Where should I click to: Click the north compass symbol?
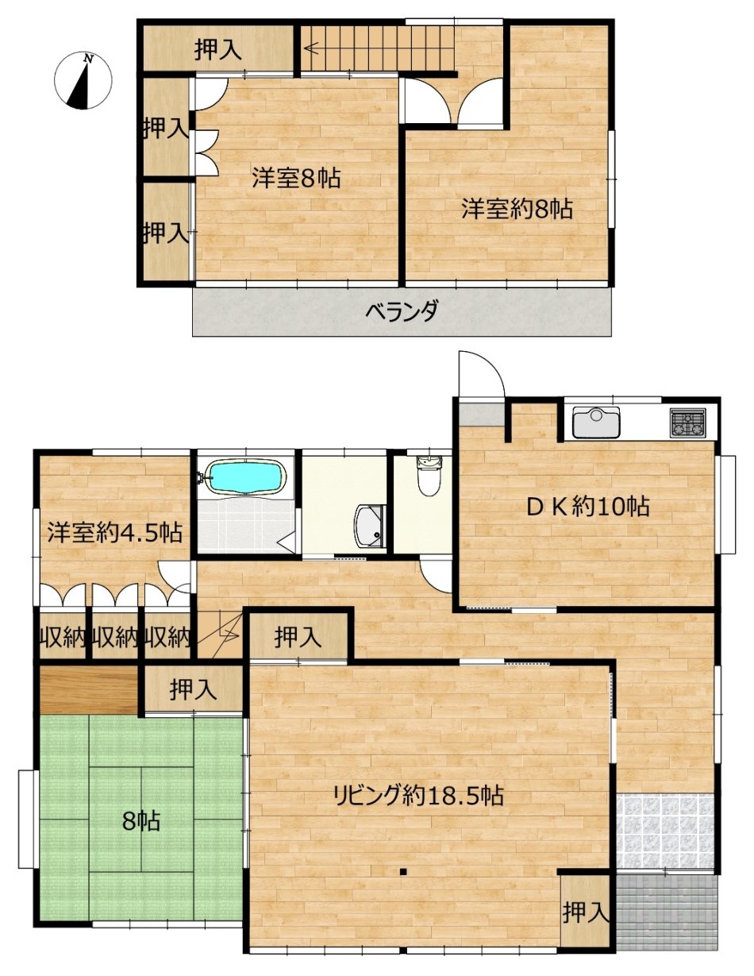pyautogui.click(x=83, y=81)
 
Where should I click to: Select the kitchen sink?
pyautogui.click(x=597, y=422)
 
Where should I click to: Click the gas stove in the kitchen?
pyautogui.click(x=688, y=422)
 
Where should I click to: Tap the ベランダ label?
pyautogui.click(x=401, y=311)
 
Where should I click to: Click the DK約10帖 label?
pyautogui.click(x=587, y=507)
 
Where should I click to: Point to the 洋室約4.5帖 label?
pyautogui.click(x=115, y=533)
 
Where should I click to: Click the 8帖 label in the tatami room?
pyautogui.click(x=141, y=821)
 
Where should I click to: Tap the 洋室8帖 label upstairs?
pyautogui.click(x=296, y=178)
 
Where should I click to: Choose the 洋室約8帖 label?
pyautogui.click(x=517, y=209)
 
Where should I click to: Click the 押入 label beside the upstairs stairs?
pyautogui.click(x=218, y=49)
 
